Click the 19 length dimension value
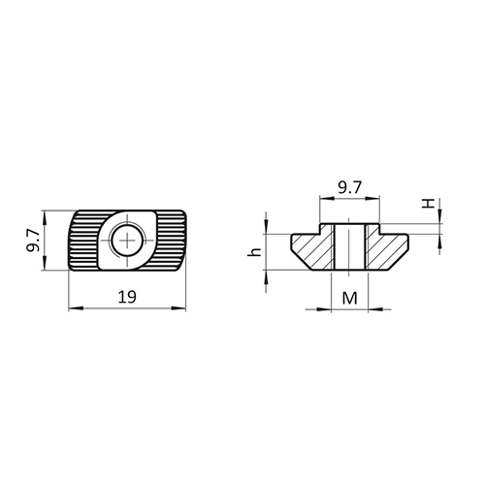tap(127, 297)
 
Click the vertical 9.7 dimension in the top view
tap(33, 240)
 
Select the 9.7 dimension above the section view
tap(349, 187)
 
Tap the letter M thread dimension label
tap(350, 298)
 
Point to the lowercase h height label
tap(254, 251)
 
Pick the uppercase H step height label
tap(428, 204)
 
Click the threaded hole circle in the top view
tap(128, 241)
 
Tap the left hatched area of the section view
tap(312, 249)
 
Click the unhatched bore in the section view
tap(349, 247)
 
